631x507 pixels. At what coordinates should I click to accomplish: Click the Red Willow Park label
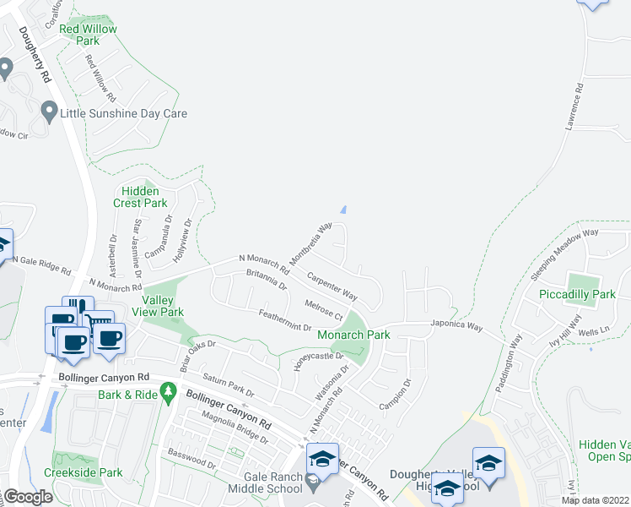tap(88, 35)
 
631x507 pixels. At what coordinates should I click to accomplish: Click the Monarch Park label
tap(353, 335)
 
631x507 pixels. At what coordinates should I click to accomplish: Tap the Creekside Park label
tap(87, 473)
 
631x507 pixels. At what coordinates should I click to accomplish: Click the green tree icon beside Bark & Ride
tap(169, 391)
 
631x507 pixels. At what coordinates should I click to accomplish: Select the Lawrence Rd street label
tap(574, 106)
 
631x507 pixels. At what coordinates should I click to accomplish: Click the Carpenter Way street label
tap(332, 286)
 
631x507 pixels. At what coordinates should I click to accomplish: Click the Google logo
tap(27, 497)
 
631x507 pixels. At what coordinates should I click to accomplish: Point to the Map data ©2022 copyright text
tap(594, 500)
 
